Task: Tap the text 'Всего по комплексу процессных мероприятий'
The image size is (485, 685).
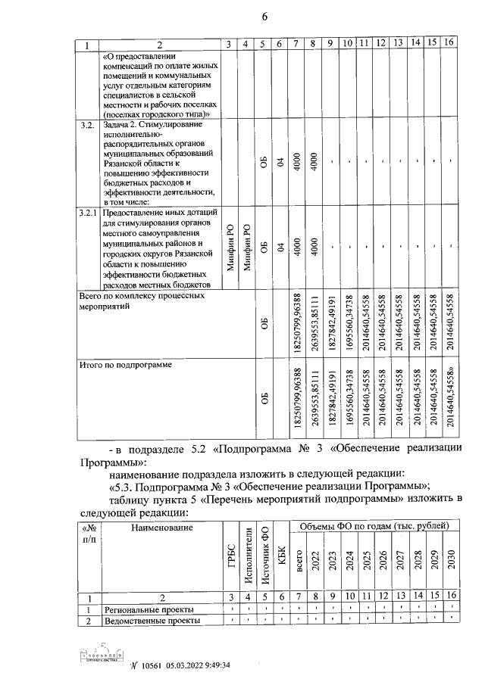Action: click(x=142, y=302)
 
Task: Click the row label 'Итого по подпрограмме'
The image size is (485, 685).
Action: click(x=126, y=365)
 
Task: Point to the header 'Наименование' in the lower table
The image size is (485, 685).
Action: click(x=160, y=527)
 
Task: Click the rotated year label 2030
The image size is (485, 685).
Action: click(x=450, y=562)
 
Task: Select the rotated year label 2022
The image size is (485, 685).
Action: click(x=314, y=562)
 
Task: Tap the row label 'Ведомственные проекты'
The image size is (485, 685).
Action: click(x=152, y=621)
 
